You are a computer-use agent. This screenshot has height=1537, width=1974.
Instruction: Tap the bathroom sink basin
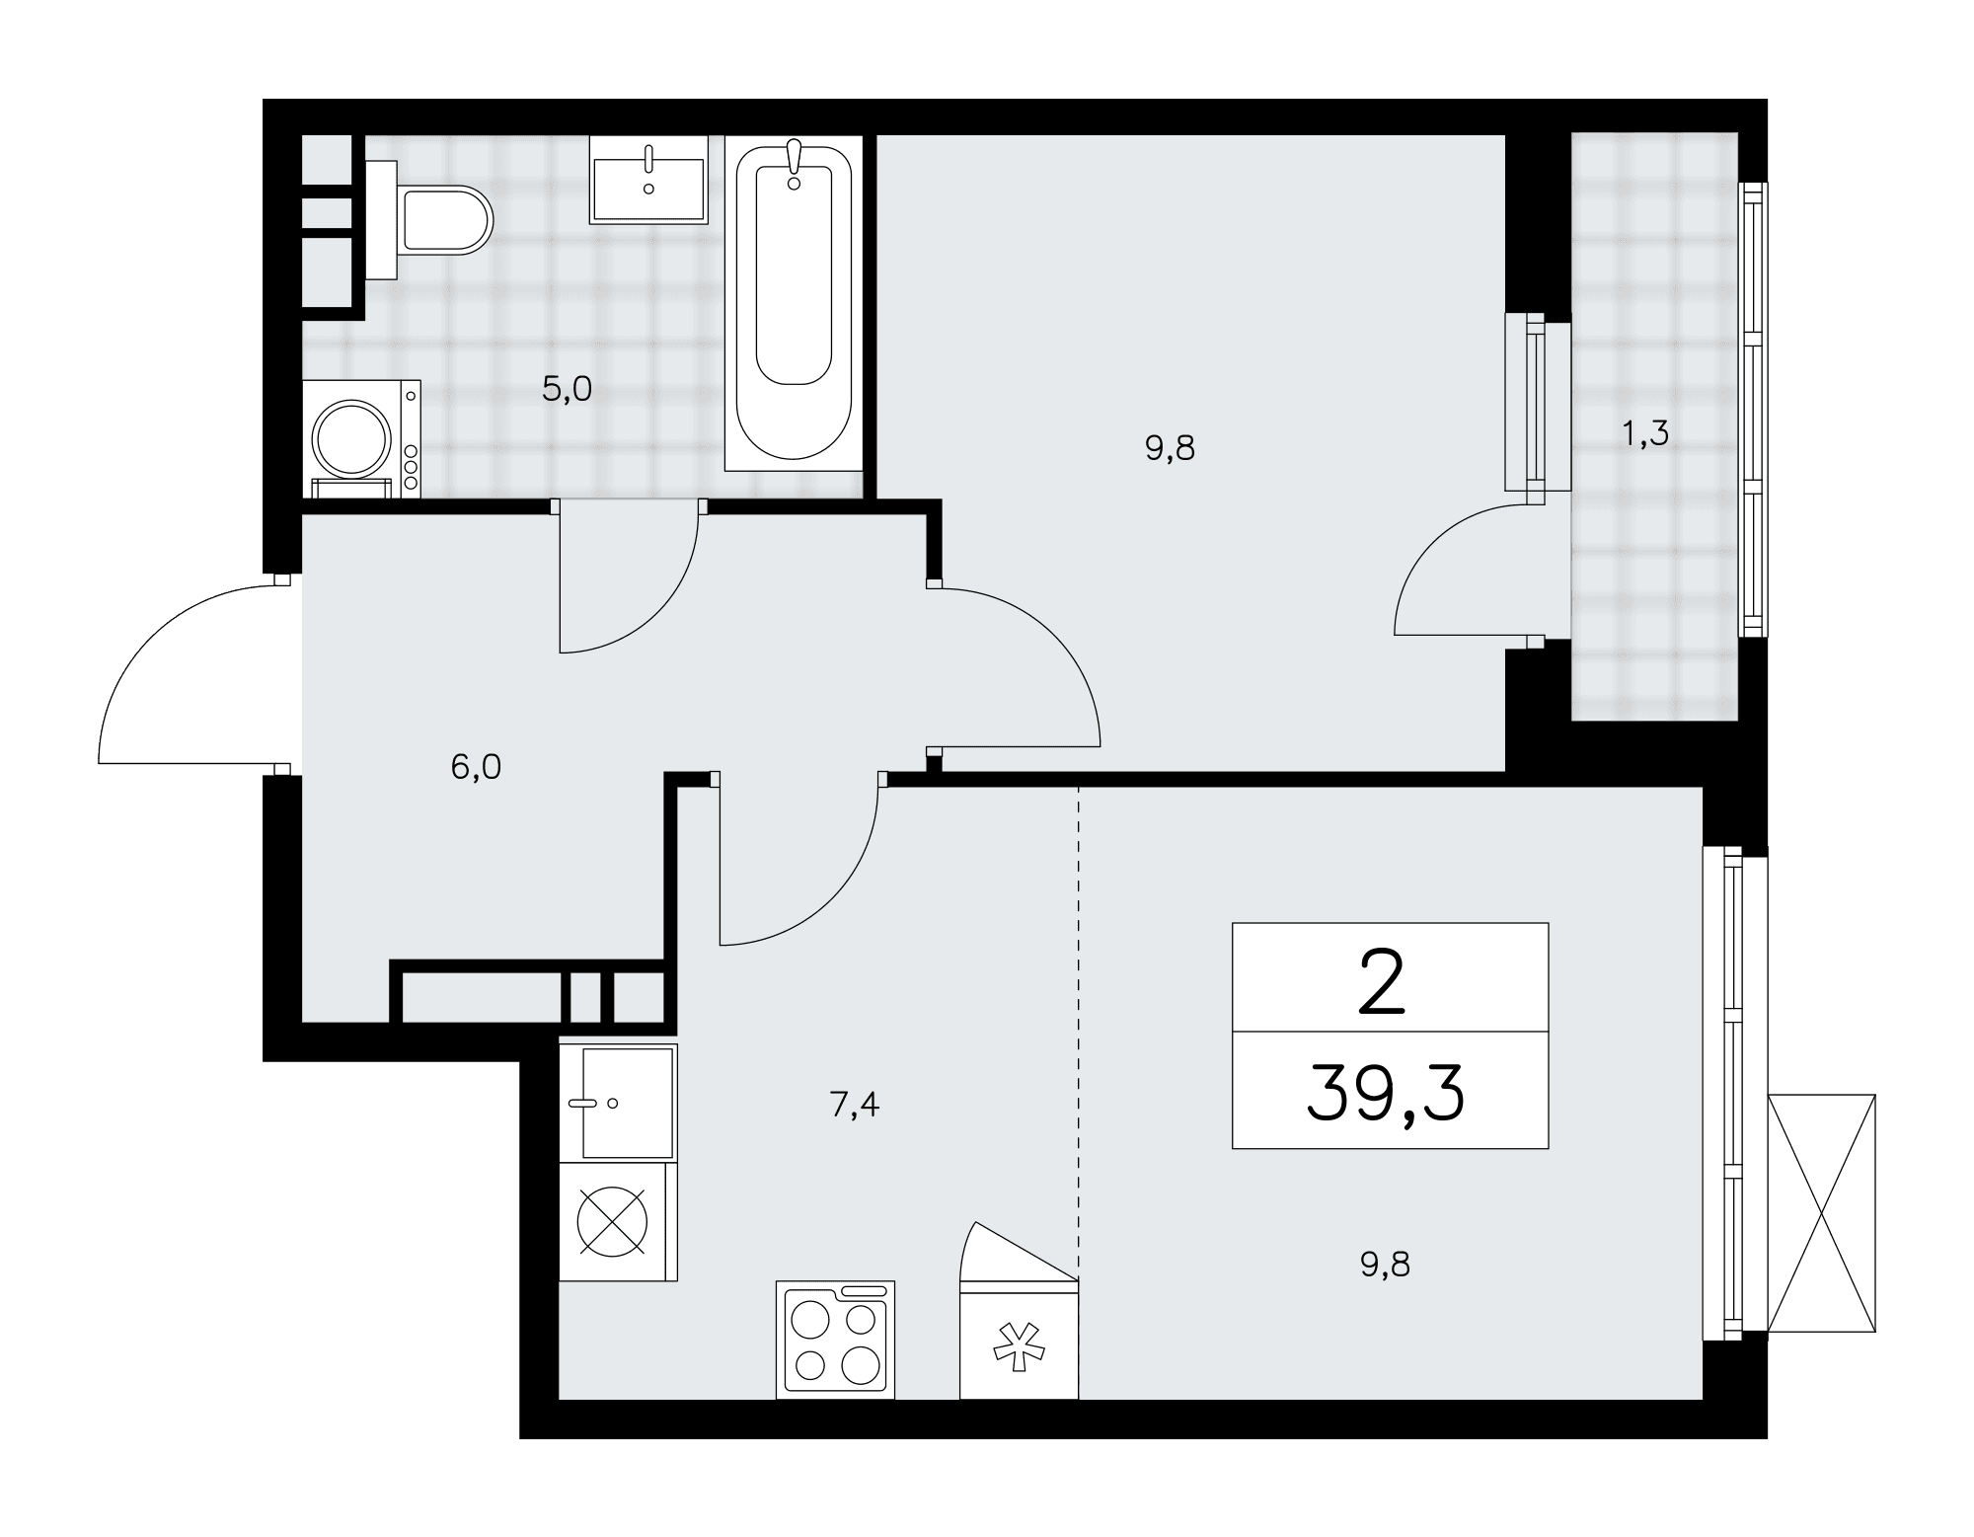648,180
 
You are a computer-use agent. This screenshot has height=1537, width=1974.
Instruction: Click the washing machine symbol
361,439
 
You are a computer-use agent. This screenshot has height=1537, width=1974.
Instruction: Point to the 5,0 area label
567,390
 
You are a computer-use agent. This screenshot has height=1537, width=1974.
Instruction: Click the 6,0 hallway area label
476,767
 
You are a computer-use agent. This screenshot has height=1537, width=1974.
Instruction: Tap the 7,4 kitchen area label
855,1106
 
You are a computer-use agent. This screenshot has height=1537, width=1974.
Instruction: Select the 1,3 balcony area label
1645,432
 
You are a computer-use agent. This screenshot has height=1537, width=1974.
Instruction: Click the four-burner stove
835,1340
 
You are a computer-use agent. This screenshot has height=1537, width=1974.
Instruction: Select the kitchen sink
618,1103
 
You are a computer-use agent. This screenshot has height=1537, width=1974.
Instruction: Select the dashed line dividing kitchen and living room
1079,1034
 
